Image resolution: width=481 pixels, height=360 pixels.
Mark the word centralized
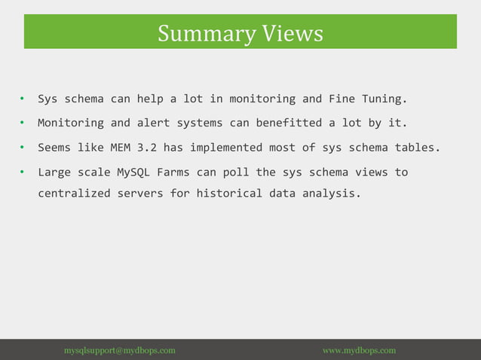coord(74,194)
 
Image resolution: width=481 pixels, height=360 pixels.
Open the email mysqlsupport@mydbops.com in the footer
coord(120,350)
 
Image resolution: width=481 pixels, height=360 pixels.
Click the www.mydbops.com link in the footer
coord(359,350)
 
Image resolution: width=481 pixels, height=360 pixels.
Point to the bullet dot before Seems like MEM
coord(23,148)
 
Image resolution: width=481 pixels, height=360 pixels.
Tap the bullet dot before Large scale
coord(23,172)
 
